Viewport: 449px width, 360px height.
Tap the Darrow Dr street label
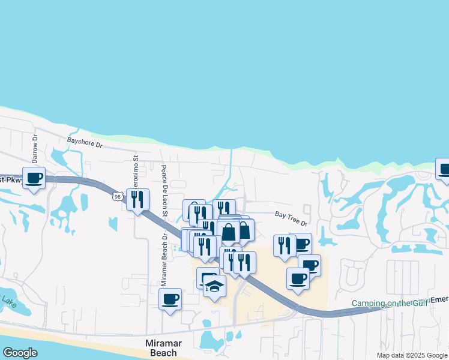35,145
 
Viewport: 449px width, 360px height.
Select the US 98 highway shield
118,196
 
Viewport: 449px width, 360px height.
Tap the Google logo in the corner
20,353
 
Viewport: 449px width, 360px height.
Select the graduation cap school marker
214,287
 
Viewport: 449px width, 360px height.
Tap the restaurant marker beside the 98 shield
137,199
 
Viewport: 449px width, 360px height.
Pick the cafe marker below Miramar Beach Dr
170,298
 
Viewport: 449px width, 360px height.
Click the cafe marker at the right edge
443,169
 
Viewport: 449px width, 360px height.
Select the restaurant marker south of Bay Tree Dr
285,245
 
